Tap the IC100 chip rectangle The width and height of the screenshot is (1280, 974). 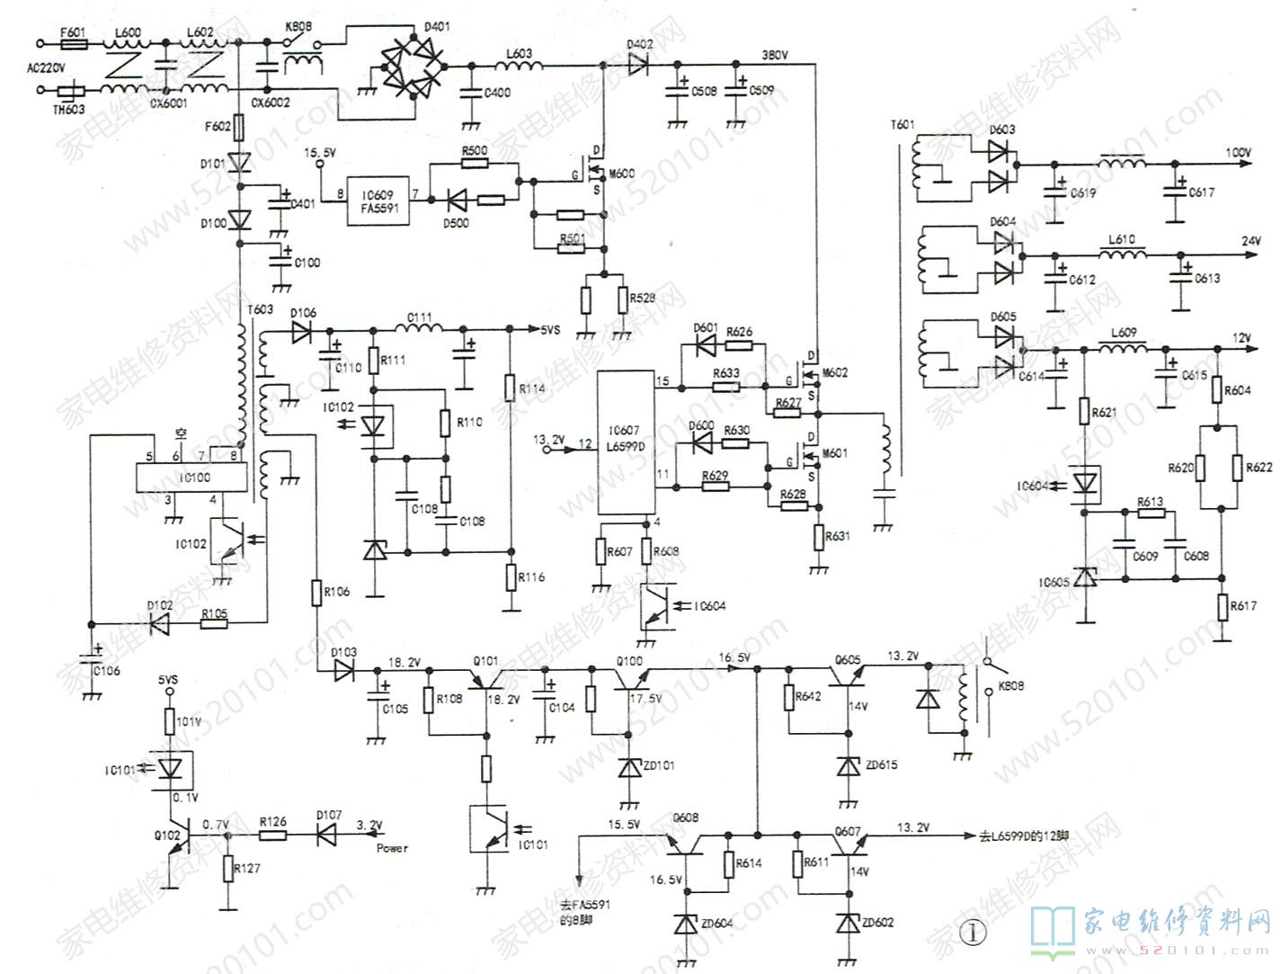coord(193,478)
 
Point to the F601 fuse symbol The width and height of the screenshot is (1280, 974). coord(72,42)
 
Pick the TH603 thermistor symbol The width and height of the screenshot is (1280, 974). coord(71,90)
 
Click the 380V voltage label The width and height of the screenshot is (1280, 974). coord(774,56)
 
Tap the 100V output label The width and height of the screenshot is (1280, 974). coord(1238,154)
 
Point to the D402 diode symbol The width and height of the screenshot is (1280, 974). coord(637,64)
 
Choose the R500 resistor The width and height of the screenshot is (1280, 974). coord(474,163)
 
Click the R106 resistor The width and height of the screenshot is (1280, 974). coord(317,592)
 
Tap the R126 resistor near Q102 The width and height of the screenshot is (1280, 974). coord(272,835)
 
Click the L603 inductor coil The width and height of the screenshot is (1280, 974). coord(519,66)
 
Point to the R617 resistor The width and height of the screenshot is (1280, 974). coord(1221,606)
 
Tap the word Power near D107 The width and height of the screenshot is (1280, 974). coord(392,848)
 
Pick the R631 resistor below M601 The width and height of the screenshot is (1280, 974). coord(818,537)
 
